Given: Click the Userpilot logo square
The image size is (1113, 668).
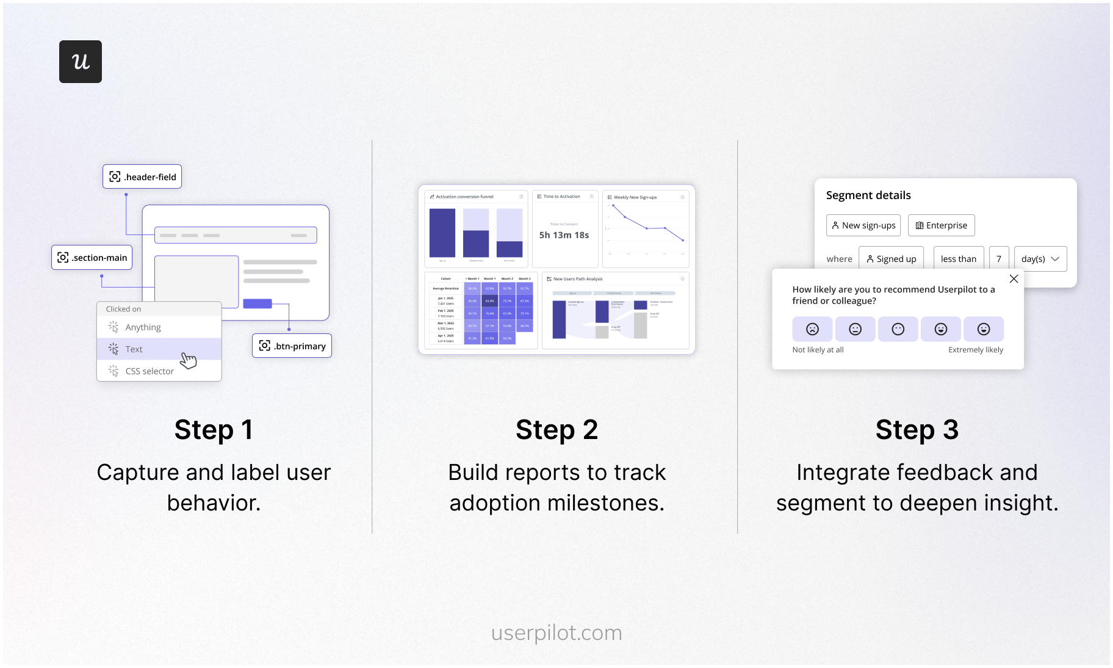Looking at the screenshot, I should click(81, 62).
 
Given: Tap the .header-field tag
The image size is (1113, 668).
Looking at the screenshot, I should click(142, 176).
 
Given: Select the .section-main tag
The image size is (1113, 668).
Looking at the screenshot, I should click(92, 258).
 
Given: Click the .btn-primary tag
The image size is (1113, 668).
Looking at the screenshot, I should click(292, 346).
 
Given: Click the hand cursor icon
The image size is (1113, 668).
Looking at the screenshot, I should click(189, 360).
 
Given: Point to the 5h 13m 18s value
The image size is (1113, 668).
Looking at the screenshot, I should click(564, 235).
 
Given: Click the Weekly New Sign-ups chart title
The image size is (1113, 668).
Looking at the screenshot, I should click(635, 197).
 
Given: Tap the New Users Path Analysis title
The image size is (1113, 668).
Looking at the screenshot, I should click(578, 279).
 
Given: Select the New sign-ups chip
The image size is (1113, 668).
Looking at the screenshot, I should click(863, 225).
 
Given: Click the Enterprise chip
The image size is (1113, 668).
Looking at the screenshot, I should click(942, 225).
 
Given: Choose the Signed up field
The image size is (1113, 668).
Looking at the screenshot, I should click(891, 259).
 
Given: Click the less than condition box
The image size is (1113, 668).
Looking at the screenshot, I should click(959, 259).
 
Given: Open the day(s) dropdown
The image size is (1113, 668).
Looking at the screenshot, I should click(1040, 259).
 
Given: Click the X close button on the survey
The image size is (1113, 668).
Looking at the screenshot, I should click(1014, 279).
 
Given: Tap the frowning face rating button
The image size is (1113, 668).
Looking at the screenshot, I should click(812, 329).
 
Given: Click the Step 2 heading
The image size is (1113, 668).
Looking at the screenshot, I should click(556, 430).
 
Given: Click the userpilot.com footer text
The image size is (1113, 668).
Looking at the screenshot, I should click(556, 633).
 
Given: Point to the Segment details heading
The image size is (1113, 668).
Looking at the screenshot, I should click(868, 195).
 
